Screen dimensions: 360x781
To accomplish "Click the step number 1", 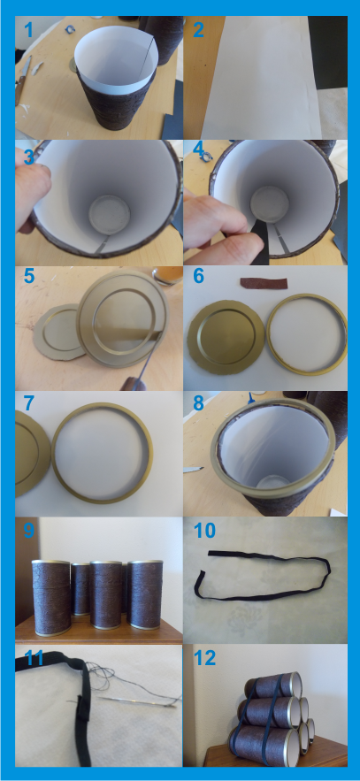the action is (x=28, y=30).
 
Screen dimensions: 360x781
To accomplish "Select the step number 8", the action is (x=198, y=403).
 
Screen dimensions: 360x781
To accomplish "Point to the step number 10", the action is (x=204, y=531).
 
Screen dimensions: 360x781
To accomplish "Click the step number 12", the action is (x=204, y=657).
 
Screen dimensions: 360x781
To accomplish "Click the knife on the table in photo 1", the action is (x=22, y=80).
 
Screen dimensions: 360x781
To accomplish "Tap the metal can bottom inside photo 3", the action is (x=109, y=214).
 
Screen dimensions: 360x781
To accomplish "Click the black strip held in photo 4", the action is (x=260, y=240).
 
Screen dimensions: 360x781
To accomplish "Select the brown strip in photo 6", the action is (x=264, y=283).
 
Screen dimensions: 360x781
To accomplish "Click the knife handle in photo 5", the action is (x=132, y=385).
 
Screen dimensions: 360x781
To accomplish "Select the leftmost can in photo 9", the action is (x=52, y=597).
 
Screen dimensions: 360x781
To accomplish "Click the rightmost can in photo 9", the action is (x=145, y=594).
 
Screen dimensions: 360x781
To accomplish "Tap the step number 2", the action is (x=198, y=30).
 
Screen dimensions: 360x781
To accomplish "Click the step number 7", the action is (x=29, y=403).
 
